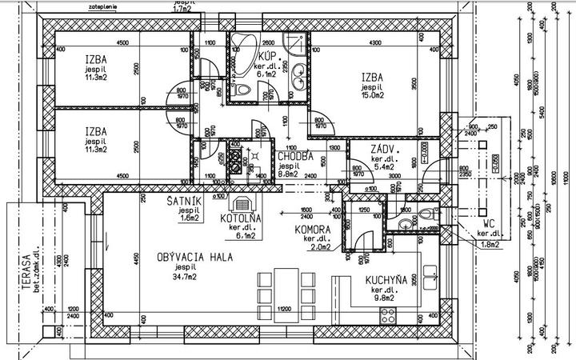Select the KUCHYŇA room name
388,280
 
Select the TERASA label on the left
26,272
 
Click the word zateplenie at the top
107,6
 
